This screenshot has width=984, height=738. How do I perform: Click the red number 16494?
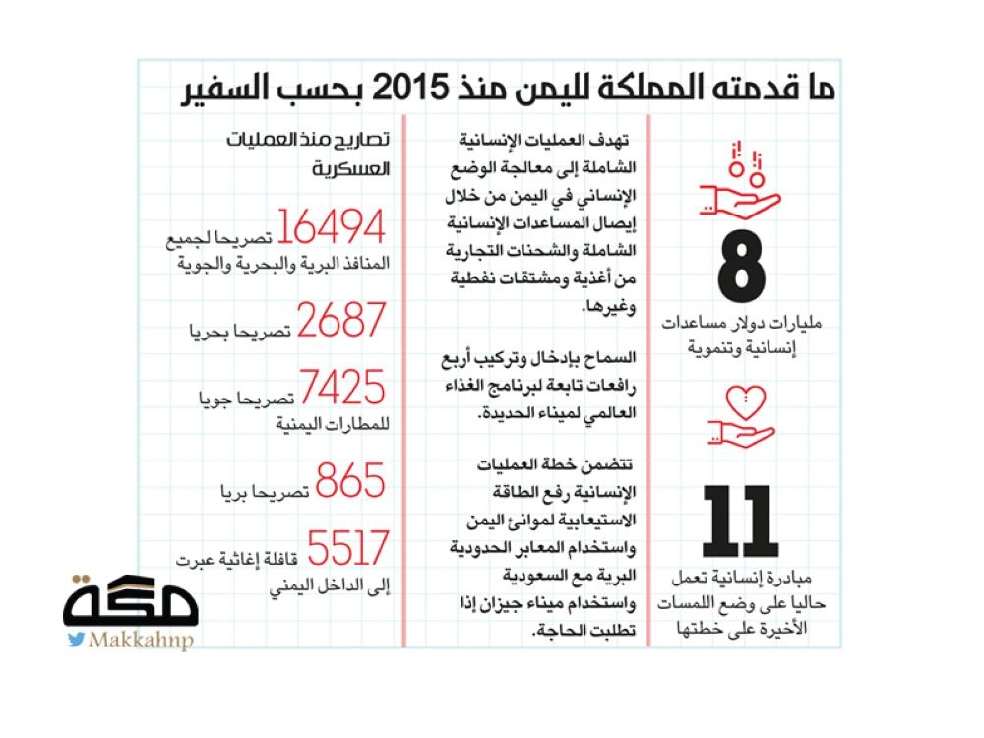331,228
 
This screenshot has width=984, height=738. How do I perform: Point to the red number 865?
344,482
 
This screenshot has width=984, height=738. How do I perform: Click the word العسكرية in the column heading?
351,168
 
